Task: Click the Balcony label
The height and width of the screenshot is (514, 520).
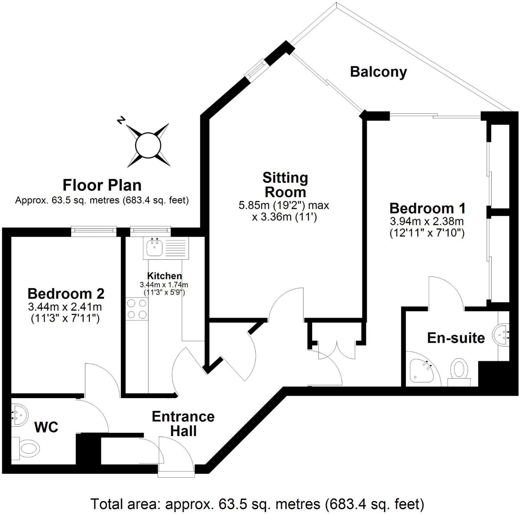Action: click(x=378, y=72)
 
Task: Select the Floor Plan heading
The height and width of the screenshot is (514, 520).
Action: click(x=102, y=185)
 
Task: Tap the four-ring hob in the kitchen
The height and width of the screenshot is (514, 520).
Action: click(x=137, y=309)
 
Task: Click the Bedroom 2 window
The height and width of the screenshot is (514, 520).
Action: click(x=94, y=231)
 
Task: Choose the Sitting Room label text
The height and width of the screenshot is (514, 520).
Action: click(x=285, y=185)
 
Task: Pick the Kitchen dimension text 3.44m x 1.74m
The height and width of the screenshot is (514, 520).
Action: click(x=164, y=285)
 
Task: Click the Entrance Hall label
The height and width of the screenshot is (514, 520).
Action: click(x=183, y=424)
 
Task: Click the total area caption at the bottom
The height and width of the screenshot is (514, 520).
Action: click(x=257, y=504)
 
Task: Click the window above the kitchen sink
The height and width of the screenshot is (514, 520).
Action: click(x=150, y=231)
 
